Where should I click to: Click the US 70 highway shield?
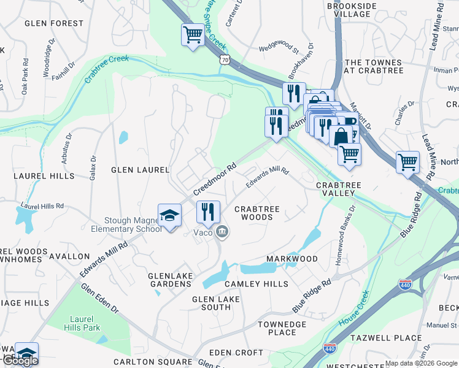tap(225, 60)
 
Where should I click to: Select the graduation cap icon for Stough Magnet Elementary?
tap(170, 216)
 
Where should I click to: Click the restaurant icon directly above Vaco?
tap(208, 212)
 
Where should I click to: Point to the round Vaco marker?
tap(222, 231)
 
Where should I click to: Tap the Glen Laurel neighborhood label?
tap(139, 169)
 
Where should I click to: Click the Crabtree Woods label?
tap(257, 213)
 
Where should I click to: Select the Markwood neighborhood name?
tap(292, 259)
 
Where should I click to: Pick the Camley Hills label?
tap(256, 284)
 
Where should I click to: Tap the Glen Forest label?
tap(54, 23)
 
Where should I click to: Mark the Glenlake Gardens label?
tap(170, 280)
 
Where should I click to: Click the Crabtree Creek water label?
tap(106, 69)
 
